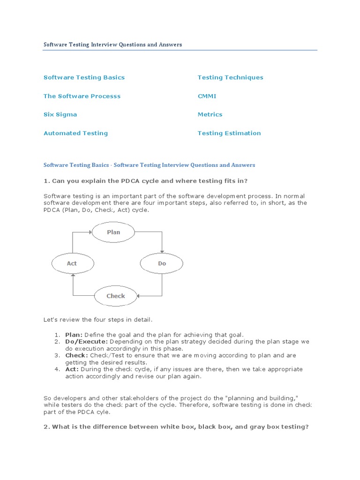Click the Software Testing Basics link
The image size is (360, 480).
tap(84, 77)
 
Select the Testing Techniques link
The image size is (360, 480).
tap(230, 77)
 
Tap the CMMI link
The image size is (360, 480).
tap(207, 96)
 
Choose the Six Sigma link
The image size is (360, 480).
tap(60, 114)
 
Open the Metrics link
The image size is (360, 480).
tap(210, 114)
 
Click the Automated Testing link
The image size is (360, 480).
tap(75, 133)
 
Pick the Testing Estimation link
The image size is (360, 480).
tap(229, 133)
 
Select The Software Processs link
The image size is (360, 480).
tap(82, 96)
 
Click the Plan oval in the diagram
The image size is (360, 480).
tap(113, 232)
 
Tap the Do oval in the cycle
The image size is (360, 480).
tap(162, 263)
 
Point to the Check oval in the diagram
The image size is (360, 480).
tap(116, 296)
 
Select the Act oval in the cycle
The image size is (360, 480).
tap(72, 263)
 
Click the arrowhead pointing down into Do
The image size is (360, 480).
tap(162, 251)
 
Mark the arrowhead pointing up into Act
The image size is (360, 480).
tap(73, 276)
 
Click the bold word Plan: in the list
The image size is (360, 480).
tap(74, 335)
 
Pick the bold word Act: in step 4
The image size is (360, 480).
tap(72, 369)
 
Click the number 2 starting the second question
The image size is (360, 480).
tap(45, 427)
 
